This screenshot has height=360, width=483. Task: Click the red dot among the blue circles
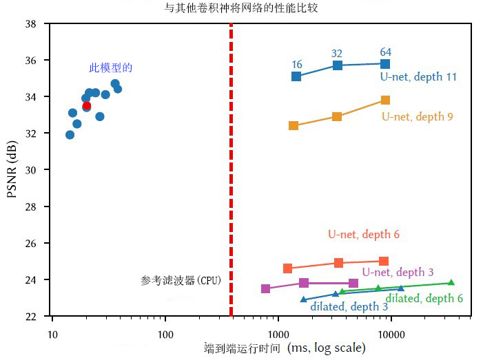(x=87, y=105)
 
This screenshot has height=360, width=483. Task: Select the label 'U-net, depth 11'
(x=418, y=77)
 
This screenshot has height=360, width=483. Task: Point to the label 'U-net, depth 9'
(x=417, y=117)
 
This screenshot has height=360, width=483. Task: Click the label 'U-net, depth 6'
(x=363, y=235)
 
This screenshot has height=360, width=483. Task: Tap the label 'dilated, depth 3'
(x=349, y=306)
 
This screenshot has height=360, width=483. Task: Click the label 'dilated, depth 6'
(x=424, y=298)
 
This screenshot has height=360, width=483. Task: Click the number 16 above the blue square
(x=297, y=65)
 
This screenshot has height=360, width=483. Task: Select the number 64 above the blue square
(x=386, y=52)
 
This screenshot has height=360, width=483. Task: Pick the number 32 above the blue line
(x=337, y=54)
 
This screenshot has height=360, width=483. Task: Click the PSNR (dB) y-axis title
(x=12, y=170)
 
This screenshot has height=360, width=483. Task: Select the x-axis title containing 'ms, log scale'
(x=285, y=348)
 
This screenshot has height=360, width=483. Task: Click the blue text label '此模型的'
(x=110, y=68)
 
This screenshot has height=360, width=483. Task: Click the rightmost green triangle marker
(x=451, y=283)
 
